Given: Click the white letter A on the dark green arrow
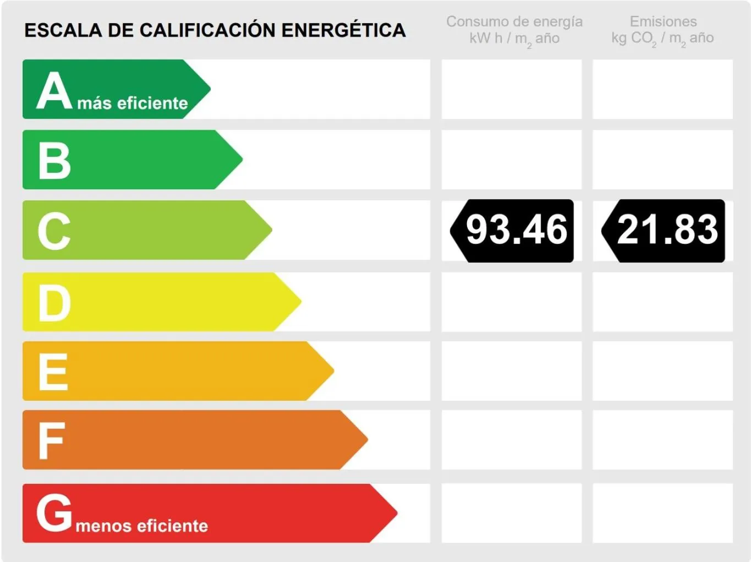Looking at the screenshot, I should (x=54, y=91).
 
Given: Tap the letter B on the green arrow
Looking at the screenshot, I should (x=54, y=161).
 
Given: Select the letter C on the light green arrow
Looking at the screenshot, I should (x=54, y=231).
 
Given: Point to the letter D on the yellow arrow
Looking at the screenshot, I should (x=54, y=303).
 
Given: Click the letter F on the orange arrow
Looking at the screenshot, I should (x=52, y=441).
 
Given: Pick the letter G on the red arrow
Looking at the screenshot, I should (x=54, y=512).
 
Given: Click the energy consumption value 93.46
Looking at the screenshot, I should (x=516, y=230).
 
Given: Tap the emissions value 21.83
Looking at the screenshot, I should (x=667, y=230).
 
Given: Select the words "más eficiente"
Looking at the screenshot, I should (x=133, y=103).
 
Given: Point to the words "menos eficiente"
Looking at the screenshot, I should (x=142, y=526).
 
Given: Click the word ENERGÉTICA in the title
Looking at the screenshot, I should (x=343, y=30).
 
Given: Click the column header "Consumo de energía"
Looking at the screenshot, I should (x=514, y=21).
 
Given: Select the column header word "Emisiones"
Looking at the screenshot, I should (x=663, y=21).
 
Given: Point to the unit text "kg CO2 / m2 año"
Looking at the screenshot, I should (x=662, y=39).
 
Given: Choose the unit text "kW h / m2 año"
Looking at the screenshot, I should (x=514, y=39).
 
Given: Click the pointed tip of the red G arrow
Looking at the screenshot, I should (x=396, y=513).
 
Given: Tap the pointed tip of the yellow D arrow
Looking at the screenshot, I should (x=300, y=302).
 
